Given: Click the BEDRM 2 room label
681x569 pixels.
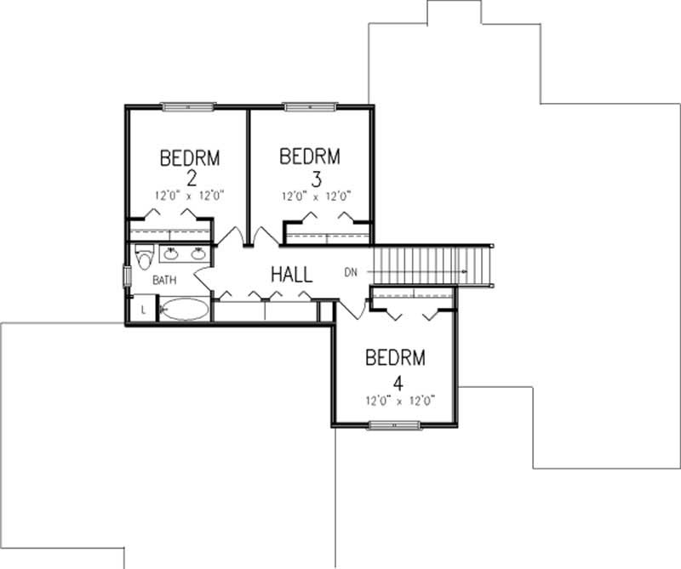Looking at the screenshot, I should pyautogui.click(x=190, y=167).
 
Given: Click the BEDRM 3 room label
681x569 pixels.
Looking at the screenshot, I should pyautogui.click(x=310, y=167).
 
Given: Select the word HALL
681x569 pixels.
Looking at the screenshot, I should pyautogui.click(x=291, y=275).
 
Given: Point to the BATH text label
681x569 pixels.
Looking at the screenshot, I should pyautogui.click(x=164, y=279).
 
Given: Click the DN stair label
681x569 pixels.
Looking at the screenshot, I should pyautogui.click(x=352, y=273).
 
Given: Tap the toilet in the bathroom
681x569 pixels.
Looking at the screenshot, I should pyautogui.click(x=144, y=256).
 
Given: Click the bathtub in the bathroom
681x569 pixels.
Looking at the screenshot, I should pyautogui.click(x=184, y=309).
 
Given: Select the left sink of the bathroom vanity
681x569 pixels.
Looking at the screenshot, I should pyautogui.click(x=169, y=253).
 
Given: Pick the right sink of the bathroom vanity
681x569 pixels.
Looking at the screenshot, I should pyautogui.click(x=197, y=253).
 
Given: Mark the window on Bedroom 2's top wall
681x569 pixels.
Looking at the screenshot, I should pyautogui.click(x=186, y=107).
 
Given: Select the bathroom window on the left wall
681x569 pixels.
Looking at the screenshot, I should pyautogui.click(x=128, y=276).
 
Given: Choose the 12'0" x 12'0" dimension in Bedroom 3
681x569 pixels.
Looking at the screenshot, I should pyautogui.click(x=317, y=196).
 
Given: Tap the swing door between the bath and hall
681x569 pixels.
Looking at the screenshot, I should pyautogui.click(x=204, y=276).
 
